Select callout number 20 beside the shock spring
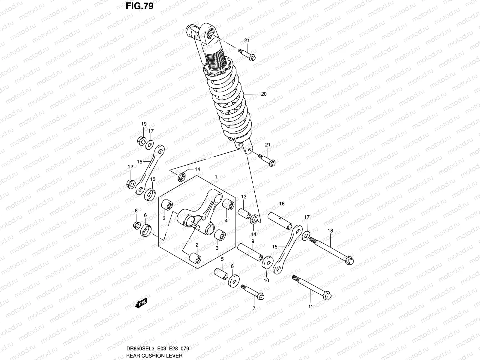(x=264, y=94)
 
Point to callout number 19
(x=144, y=124)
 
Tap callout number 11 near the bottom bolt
(x=310, y=306)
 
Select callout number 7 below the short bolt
(x=254, y=308)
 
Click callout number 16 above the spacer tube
(x=282, y=204)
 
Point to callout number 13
(x=244, y=197)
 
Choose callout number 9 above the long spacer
(x=253, y=241)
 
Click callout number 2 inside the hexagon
(x=197, y=245)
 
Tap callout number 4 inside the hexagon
(x=226, y=220)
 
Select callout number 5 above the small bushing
(x=222, y=259)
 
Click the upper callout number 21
(x=247, y=41)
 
